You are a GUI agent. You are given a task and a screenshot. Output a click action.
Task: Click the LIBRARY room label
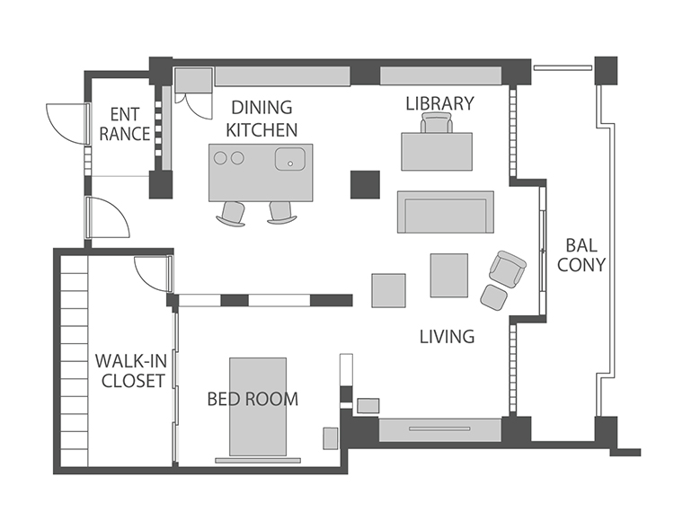coord(439,103)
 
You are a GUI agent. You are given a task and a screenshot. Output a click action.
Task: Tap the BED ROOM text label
coord(253,400)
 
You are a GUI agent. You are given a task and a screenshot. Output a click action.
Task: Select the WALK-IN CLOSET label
coord(131,370)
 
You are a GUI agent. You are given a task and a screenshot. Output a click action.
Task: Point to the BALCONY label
coord(581,255)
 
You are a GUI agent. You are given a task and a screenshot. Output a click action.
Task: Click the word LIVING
coord(447,337)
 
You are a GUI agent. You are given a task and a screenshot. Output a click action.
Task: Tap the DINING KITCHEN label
coord(262,119)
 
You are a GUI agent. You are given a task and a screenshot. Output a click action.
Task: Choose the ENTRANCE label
coord(125,124)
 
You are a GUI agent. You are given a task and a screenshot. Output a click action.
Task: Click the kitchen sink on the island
coord(290,159)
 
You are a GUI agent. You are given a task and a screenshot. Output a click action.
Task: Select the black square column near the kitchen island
coord(365,185)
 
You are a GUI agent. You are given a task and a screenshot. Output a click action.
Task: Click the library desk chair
coord(437,122)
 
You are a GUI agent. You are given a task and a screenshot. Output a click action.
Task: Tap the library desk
coord(437,152)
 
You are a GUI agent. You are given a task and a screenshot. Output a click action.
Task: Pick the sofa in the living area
coord(446,212)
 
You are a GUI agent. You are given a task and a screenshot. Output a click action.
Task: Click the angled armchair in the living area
coord(507,269)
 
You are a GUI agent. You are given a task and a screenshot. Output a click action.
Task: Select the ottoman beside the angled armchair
coord(494,297)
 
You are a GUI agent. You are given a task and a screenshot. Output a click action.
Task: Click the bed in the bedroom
coord(258,407)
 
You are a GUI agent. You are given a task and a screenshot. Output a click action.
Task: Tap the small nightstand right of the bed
coord(331,438)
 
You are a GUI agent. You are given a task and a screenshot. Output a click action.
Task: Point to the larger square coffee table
coord(449,275)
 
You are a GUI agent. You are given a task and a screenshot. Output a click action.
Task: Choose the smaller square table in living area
coord(388,290)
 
